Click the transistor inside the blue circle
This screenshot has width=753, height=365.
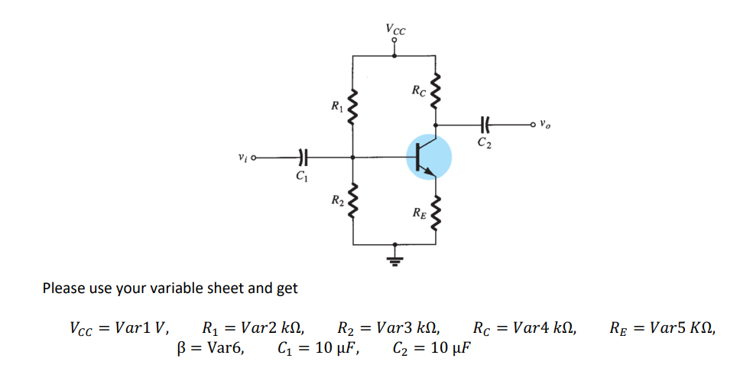428,157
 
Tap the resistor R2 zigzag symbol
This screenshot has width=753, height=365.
352,200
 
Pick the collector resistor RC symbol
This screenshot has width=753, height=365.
436,93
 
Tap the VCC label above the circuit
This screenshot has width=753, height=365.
395,30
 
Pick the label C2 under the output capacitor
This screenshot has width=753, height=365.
484,142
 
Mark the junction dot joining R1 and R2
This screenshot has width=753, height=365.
352,158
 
